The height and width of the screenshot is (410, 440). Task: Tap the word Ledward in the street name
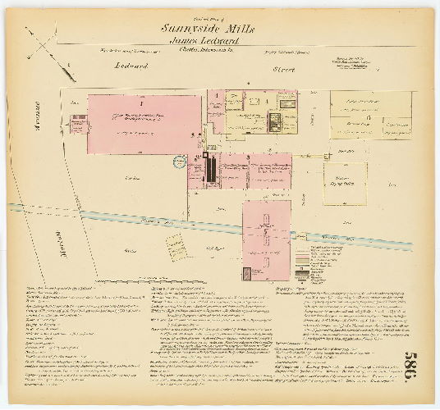click(x=129, y=65)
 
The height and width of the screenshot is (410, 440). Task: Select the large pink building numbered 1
click(x=144, y=124)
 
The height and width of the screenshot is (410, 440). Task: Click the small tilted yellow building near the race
click(x=175, y=245)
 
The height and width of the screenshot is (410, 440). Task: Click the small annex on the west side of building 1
click(x=79, y=125)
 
